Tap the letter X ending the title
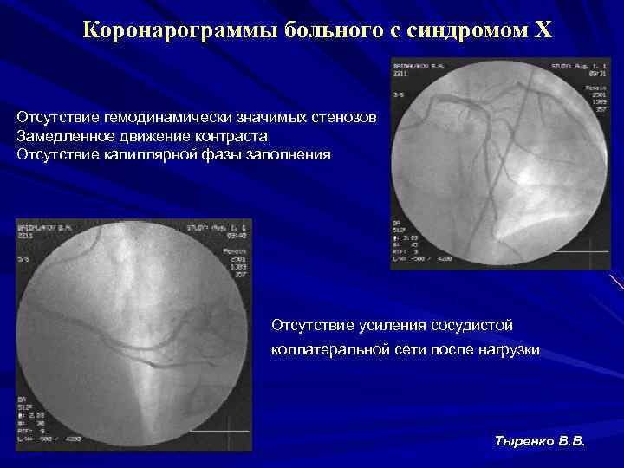tap(542, 31)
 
